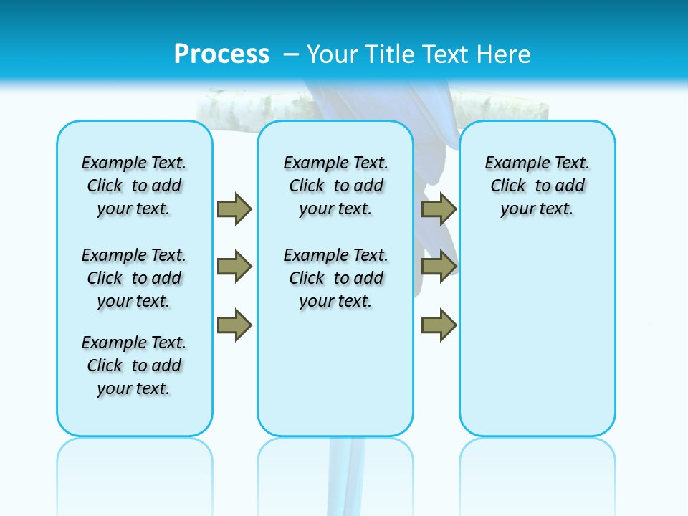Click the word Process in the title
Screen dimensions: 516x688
coord(221,54)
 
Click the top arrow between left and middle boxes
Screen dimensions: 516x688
coord(234,209)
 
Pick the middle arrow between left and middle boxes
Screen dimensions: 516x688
coord(234,267)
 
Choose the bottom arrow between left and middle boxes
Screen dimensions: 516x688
coord(234,325)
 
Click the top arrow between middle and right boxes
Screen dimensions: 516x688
coord(439,209)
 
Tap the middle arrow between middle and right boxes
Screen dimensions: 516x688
coord(439,267)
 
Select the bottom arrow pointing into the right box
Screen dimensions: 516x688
coord(439,325)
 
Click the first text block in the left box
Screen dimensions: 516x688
coord(134,186)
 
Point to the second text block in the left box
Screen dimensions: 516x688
coord(134,278)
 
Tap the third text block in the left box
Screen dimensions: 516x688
coord(134,365)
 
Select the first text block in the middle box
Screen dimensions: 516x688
coord(336,186)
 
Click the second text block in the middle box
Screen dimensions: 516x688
coord(336,278)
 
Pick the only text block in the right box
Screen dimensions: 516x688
coord(537,186)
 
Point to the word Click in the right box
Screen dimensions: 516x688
coord(508,186)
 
